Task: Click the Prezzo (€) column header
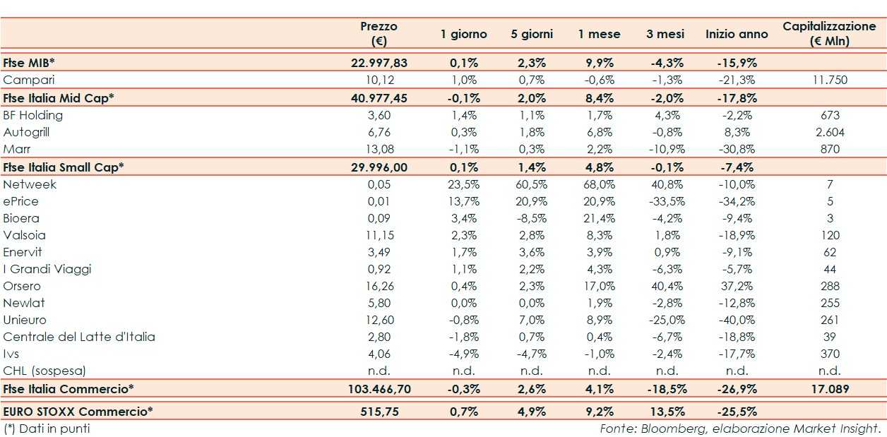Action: (x=379, y=33)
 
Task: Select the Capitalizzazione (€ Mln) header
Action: (x=829, y=33)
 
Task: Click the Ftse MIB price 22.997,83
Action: (x=379, y=63)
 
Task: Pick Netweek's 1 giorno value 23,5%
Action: (x=464, y=184)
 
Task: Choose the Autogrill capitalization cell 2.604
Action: (x=829, y=132)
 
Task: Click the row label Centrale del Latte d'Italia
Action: (x=79, y=337)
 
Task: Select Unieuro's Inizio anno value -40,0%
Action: (x=737, y=320)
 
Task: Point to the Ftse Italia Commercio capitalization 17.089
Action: (x=829, y=389)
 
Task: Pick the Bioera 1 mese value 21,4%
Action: (x=599, y=218)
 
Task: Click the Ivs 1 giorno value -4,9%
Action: (x=464, y=354)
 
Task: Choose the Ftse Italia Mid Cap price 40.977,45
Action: (x=379, y=98)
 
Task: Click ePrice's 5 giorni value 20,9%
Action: (x=531, y=201)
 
